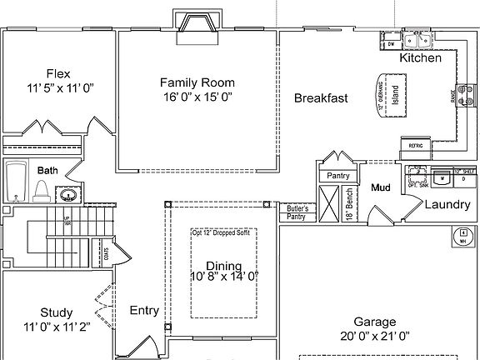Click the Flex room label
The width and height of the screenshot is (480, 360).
click(x=57, y=72)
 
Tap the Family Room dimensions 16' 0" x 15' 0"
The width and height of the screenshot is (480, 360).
click(x=197, y=97)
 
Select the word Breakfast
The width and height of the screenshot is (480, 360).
click(x=321, y=98)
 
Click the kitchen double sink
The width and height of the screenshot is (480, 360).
click(x=415, y=41)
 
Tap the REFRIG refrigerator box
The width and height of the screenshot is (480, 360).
click(x=416, y=146)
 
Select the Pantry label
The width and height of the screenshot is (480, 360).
click(x=337, y=176)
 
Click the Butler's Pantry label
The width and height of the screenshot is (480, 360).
click(x=297, y=212)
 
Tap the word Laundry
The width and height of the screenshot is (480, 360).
click(x=447, y=205)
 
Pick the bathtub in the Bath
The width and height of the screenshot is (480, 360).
click(x=16, y=182)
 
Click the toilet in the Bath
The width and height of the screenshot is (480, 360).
click(x=42, y=190)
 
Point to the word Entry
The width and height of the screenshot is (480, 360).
click(x=144, y=311)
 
